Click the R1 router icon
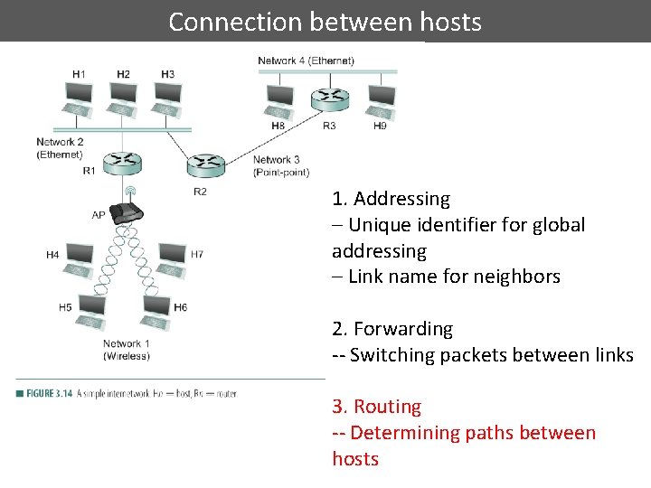tap(122, 163)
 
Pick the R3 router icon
tap(329, 99)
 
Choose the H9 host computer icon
tap(381, 99)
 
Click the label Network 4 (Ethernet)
tap(306, 61)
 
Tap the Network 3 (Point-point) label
tap(280, 166)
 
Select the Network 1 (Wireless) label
tap(126, 350)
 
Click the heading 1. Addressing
tap(391, 199)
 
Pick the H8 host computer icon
tap(280, 99)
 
